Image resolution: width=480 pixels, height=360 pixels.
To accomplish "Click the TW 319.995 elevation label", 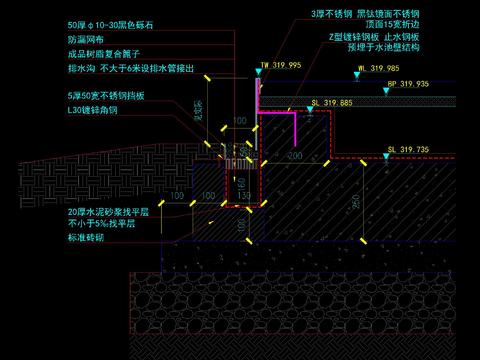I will pos(280,64).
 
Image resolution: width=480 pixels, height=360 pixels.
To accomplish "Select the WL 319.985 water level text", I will pos(377,69).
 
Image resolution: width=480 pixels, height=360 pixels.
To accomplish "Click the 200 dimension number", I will pos(295,156).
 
